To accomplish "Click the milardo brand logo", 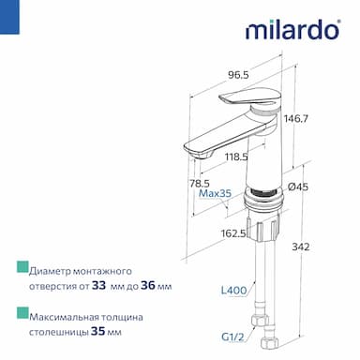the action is point(292,29).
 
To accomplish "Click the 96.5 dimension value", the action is point(238,75).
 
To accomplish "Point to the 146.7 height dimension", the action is point(296,119).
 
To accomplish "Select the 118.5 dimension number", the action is point(236,157).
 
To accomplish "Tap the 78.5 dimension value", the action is point(200,183).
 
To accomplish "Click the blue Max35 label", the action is point(216,193).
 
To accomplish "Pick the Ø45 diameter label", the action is point(298,187).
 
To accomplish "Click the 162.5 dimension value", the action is point(233,233).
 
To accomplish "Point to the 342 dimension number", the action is point(301,247).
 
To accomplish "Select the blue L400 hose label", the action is point(234,291).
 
